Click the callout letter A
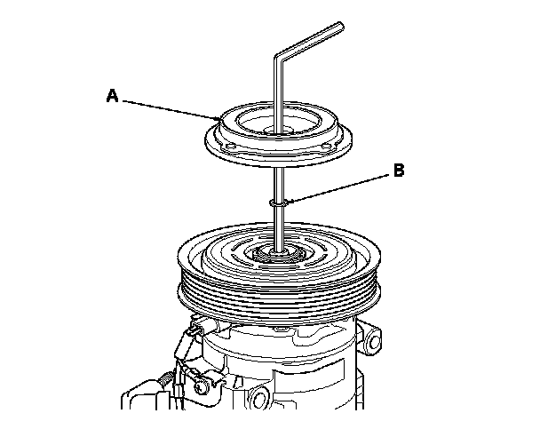pyautogui.click(x=112, y=95)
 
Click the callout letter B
pyautogui.click(x=399, y=171)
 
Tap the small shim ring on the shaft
pyautogui.click(x=278, y=203)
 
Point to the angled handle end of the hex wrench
pyautogui.click(x=341, y=27)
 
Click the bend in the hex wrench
pyautogui.click(x=278, y=57)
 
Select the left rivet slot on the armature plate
pyautogui.click(x=230, y=147)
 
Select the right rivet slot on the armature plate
pyautogui.click(x=326, y=147)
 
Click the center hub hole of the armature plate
pyautogui.click(x=278, y=131)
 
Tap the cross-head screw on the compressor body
pyautogui.click(x=200, y=386)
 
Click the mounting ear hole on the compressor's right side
pyautogui.click(x=374, y=342)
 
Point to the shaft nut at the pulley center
pyautogui.click(x=278, y=256)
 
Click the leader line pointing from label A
pyautogui.click(x=171, y=110)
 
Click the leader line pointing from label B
pyautogui.click(x=339, y=188)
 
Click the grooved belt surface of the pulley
pyautogui.click(x=279, y=293)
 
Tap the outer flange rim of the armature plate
pyautogui.click(x=278, y=161)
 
